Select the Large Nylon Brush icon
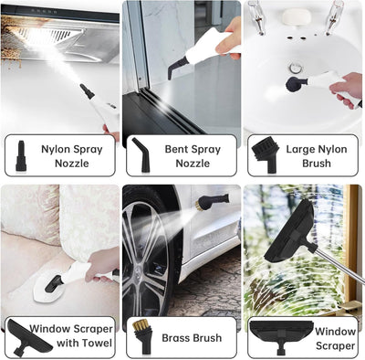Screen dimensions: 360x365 click(x=261, y=154)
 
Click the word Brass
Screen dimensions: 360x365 click(x=177, y=337)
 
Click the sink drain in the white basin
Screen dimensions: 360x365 click(x=294, y=67)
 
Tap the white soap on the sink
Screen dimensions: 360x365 click(x=293, y=17)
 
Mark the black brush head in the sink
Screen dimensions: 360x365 click(x=294, y=85)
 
